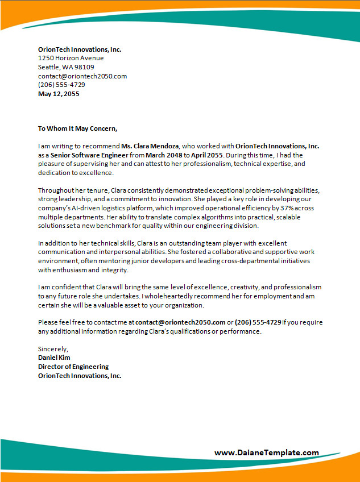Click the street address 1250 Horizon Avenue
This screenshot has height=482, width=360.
pos(71,58)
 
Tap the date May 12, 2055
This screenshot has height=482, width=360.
pos(59,94)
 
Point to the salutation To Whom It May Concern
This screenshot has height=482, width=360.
pos(77,128)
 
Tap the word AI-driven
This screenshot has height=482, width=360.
pos(86,207)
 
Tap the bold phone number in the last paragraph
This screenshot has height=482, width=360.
pos(258,322)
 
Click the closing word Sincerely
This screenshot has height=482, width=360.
pos(53,348)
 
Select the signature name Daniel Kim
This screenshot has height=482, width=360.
pos(54,358)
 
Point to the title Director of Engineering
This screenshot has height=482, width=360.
pos(73,367)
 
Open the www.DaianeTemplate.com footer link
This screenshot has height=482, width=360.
pos(267,452)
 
